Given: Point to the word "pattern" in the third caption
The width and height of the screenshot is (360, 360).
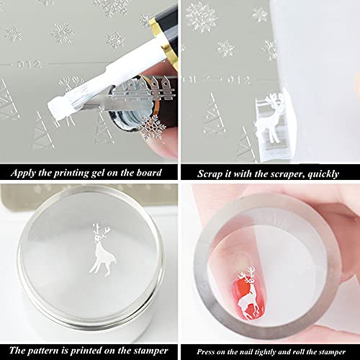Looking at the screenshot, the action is [x=43, y=351].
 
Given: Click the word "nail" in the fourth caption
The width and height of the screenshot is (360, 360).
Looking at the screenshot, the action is [x=246, y=352].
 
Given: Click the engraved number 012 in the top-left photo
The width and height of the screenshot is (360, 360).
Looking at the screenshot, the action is [x=30, y=64].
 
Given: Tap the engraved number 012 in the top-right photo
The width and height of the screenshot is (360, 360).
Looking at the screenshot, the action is [x=238, y=80].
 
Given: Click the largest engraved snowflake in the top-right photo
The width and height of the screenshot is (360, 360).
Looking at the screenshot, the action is [x=201, y=17].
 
